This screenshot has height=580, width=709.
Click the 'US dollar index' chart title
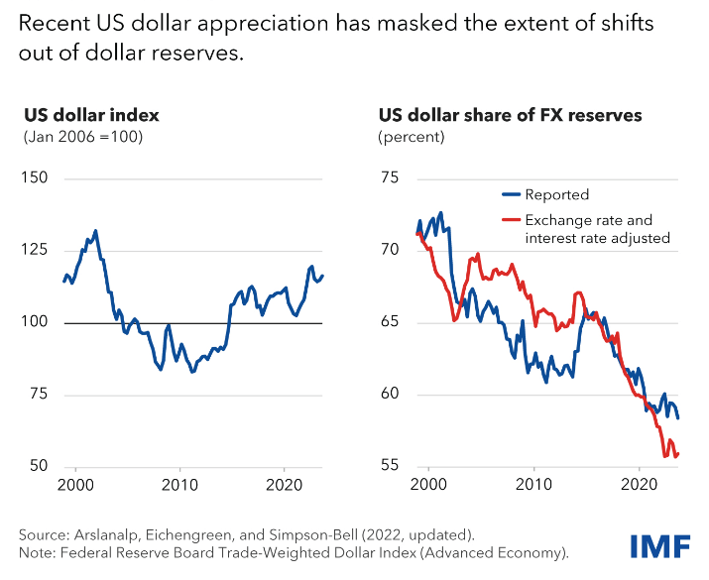90,115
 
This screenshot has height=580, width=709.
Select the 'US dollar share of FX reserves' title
510,115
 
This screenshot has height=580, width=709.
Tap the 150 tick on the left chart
37,178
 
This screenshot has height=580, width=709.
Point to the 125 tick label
37,250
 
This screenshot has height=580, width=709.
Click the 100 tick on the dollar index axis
37,322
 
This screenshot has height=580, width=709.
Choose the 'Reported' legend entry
557,195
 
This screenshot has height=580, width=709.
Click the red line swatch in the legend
511,220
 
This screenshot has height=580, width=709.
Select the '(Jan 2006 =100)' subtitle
83,137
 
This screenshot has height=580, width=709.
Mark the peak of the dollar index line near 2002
95,230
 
